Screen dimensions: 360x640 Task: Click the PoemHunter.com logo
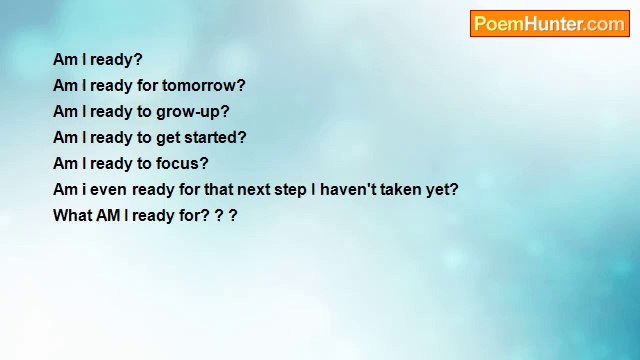tap(549, 24)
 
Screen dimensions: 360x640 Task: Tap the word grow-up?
tap(192, 112)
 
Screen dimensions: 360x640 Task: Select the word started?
tap(214, 138)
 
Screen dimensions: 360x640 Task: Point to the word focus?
tap(182, 164)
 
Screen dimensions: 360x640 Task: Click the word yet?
tap(443, 190)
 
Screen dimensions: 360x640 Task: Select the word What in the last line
tap(72, 216)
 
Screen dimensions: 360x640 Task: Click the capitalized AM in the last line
tap(108, 216)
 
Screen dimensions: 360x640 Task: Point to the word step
tap(288, 190)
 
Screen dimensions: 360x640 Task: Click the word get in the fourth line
tap(167, 138)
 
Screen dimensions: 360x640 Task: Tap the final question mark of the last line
tap(233, 216)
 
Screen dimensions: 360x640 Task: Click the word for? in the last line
tap(194, 216)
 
